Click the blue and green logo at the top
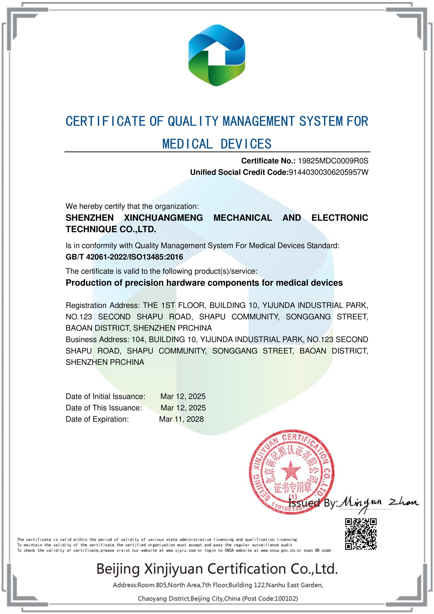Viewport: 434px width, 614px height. tap(217, 55)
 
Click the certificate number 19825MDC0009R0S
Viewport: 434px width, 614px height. tap(333, 161)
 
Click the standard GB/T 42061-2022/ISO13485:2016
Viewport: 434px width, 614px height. tap(124, 257)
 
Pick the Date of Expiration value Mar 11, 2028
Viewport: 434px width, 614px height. tap(181, 419)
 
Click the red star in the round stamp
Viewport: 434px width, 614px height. tap(291, 470)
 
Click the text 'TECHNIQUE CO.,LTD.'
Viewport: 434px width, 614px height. tap(111, 229)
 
